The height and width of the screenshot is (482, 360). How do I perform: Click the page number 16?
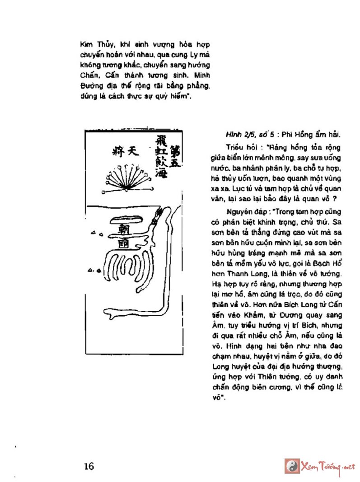[x=89, y=466]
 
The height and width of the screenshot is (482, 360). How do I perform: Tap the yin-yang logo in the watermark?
[x=291, y=466]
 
